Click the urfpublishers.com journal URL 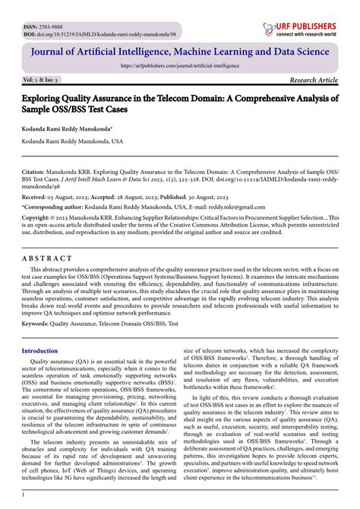(x=180, y=65)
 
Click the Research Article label (x=314, y=80)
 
